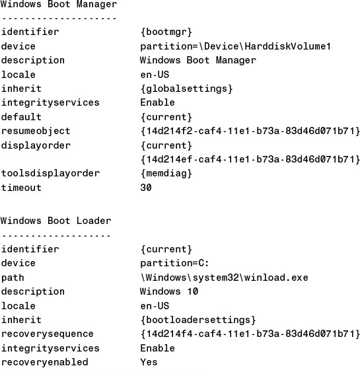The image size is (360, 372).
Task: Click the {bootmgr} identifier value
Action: pos(166,32)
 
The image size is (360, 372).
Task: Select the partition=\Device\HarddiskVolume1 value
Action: pos(236,46)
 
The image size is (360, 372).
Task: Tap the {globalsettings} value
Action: pos(187,89)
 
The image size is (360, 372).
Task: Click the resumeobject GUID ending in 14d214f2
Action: pos(250,131)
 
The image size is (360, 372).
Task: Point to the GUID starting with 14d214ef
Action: pos(250,159)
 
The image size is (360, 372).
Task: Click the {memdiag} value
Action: pos(166,173)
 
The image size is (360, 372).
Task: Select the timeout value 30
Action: pos(146,188)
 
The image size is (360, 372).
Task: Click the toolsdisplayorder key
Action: pos(50,173)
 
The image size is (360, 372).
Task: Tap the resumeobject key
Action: pos(36,131)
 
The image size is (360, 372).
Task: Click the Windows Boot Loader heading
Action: pos(56,221)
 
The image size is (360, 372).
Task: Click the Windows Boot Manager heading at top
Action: pos(59,4)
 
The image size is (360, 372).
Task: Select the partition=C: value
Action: pos(174,264)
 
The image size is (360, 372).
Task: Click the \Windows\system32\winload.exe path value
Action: pos(225,278)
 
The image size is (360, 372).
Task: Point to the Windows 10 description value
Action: pos(169,291)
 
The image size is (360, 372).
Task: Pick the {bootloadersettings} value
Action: pos(198,320)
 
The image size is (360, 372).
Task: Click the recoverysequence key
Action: pos(47,334)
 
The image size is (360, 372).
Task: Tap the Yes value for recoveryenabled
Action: pos(149,362)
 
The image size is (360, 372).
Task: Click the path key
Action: pos(13,278)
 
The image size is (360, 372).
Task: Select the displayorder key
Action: pos(36,145)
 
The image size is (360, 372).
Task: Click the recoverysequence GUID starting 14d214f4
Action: pos(250,334)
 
